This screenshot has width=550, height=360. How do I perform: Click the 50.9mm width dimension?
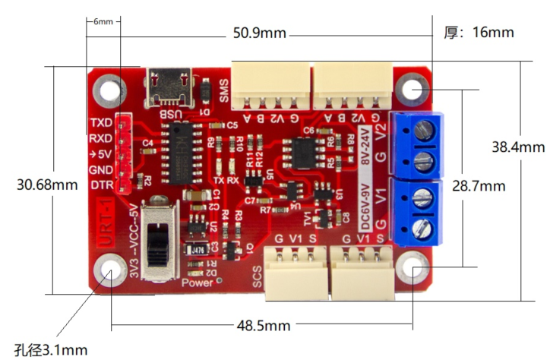(260, 34)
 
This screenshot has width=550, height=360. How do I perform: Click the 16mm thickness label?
(479, 32)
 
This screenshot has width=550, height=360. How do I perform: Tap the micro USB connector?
(168, 87)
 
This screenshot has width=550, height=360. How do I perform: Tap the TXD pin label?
(101, 122)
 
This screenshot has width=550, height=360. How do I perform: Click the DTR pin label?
(102, 185)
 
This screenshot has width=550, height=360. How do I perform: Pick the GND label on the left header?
(101, 169)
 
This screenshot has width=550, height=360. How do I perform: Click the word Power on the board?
(197, 283)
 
